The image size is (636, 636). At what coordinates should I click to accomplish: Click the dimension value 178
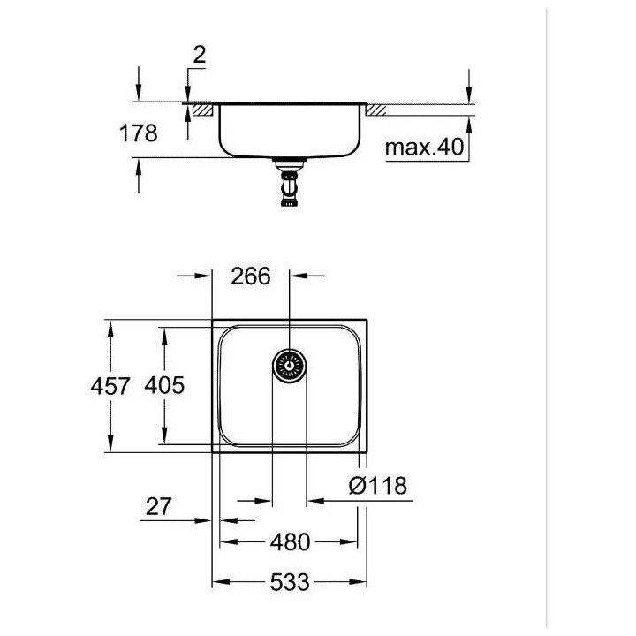tap(139, 133)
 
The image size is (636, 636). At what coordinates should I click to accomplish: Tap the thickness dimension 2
tap(199, 55)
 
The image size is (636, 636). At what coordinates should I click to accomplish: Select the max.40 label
tap(424, 147)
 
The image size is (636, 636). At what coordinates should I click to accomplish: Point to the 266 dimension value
tap(250, 276)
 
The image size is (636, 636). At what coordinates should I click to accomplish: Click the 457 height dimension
tap(110, 386)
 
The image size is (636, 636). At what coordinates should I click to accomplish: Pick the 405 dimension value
tap(164, 385)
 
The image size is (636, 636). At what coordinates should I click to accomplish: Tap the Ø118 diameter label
tap(378, 485)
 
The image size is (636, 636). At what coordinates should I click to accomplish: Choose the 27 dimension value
tap(159, 507)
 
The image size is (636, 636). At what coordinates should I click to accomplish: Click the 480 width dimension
tap(290, 541)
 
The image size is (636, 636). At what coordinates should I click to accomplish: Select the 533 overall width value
tap(290, 582)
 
